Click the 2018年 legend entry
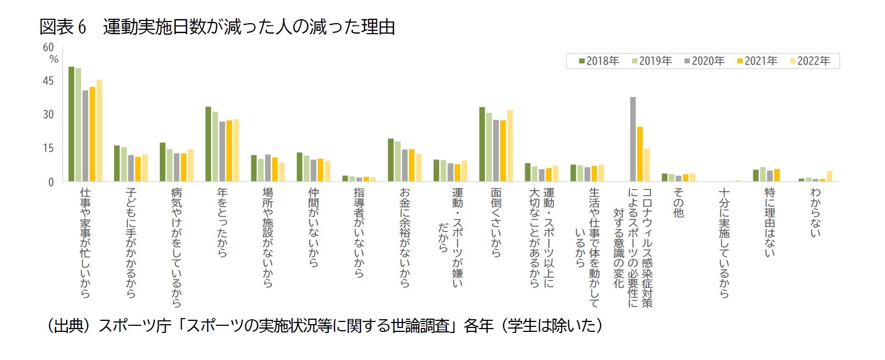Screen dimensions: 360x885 coord(599,61)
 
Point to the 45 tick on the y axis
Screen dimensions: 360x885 coord(48,81)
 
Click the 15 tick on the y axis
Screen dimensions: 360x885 coord(48,148)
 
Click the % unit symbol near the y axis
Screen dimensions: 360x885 coord(54,60)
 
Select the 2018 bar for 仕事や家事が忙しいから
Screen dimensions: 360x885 coord(71,124)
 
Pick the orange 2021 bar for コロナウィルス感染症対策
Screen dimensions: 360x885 coord(640,154)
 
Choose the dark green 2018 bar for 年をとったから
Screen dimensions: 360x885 coord(208,144)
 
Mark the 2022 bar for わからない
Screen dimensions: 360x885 coord(829,176)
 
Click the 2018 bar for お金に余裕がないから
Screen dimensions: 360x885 coord(391,160)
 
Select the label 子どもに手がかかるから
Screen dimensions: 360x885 coord(131,243)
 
